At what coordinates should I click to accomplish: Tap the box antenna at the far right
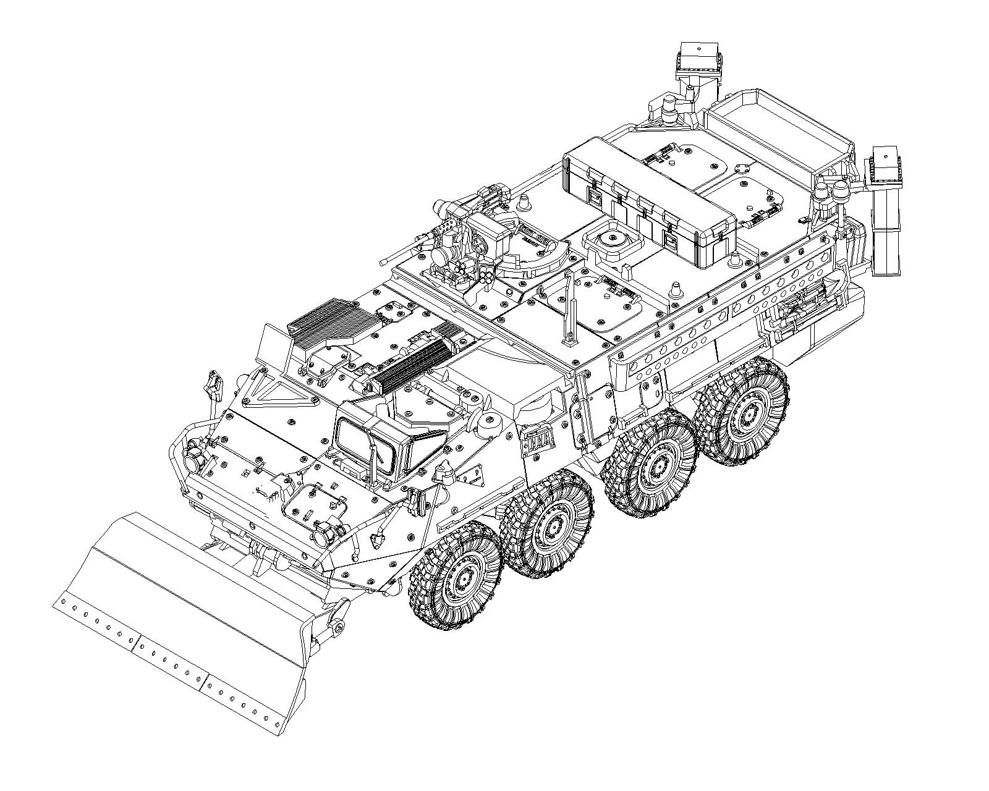tap(887, 164)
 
